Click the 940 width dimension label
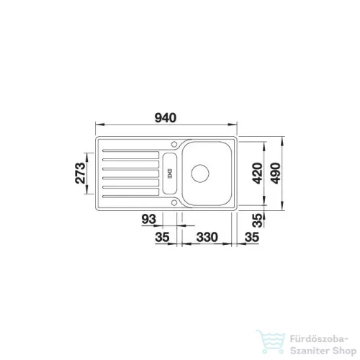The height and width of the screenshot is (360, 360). (x=166, y=118)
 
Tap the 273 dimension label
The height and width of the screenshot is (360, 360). (x=80, y=173)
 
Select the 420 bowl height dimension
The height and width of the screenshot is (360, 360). (x=258, y=174)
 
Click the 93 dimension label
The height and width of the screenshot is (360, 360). (x=149, y=219)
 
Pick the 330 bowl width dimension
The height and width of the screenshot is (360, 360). (x=207, y=237)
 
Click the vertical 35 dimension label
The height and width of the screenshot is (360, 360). (x=258, y=220)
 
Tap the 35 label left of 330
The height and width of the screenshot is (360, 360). (x=162, y=237)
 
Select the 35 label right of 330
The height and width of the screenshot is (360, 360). (x=252, y=237)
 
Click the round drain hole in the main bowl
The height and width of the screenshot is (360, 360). (x=200, y=174)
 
